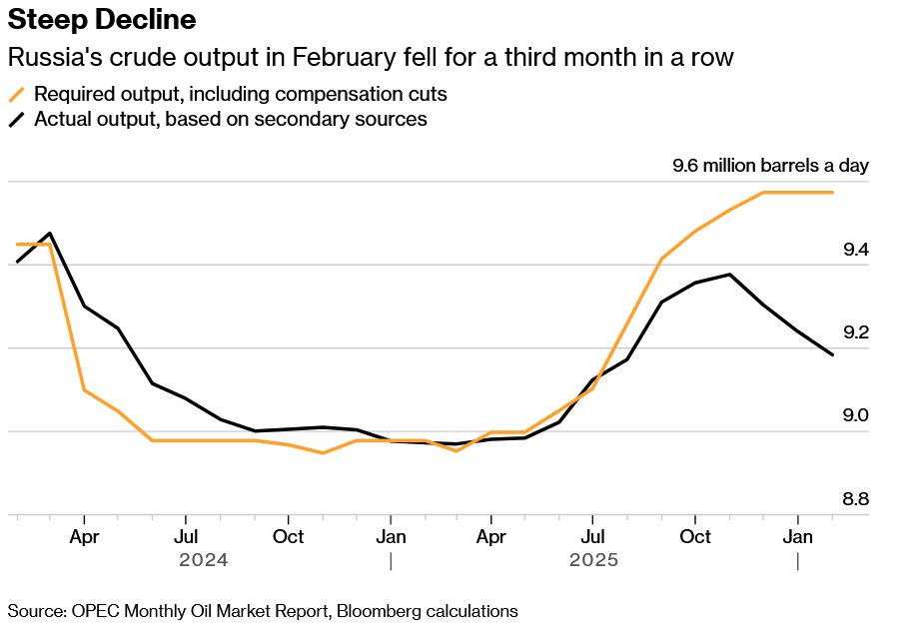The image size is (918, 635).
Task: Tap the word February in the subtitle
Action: tap(344, 57)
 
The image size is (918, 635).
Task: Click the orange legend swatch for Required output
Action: tap(17, 95)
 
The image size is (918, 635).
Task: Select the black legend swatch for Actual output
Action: tap(17, 120)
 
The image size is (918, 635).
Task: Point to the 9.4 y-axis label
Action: tap(854, 249)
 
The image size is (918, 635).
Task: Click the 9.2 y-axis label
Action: tap(854, 332)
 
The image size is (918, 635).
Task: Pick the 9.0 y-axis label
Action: tap(854, 415)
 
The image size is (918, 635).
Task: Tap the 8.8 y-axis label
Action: tap(854, 499)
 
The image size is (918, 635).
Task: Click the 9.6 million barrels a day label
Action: tap(770, 166)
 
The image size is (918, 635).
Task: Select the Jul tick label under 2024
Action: tap(186, 537)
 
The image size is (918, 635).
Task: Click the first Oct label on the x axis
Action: tap(288, 537)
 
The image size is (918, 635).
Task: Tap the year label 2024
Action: tap(204, 560)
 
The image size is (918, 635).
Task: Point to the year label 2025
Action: tap(594, 560)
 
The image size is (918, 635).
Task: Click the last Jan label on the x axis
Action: tap(797, 537)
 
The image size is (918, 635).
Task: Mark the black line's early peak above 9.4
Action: tap(50, 233)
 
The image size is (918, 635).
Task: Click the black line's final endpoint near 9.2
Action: tap(833, 354)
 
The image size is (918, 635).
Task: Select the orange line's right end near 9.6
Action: tap(833, 192)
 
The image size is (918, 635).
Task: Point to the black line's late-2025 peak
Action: tap(730, 275)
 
